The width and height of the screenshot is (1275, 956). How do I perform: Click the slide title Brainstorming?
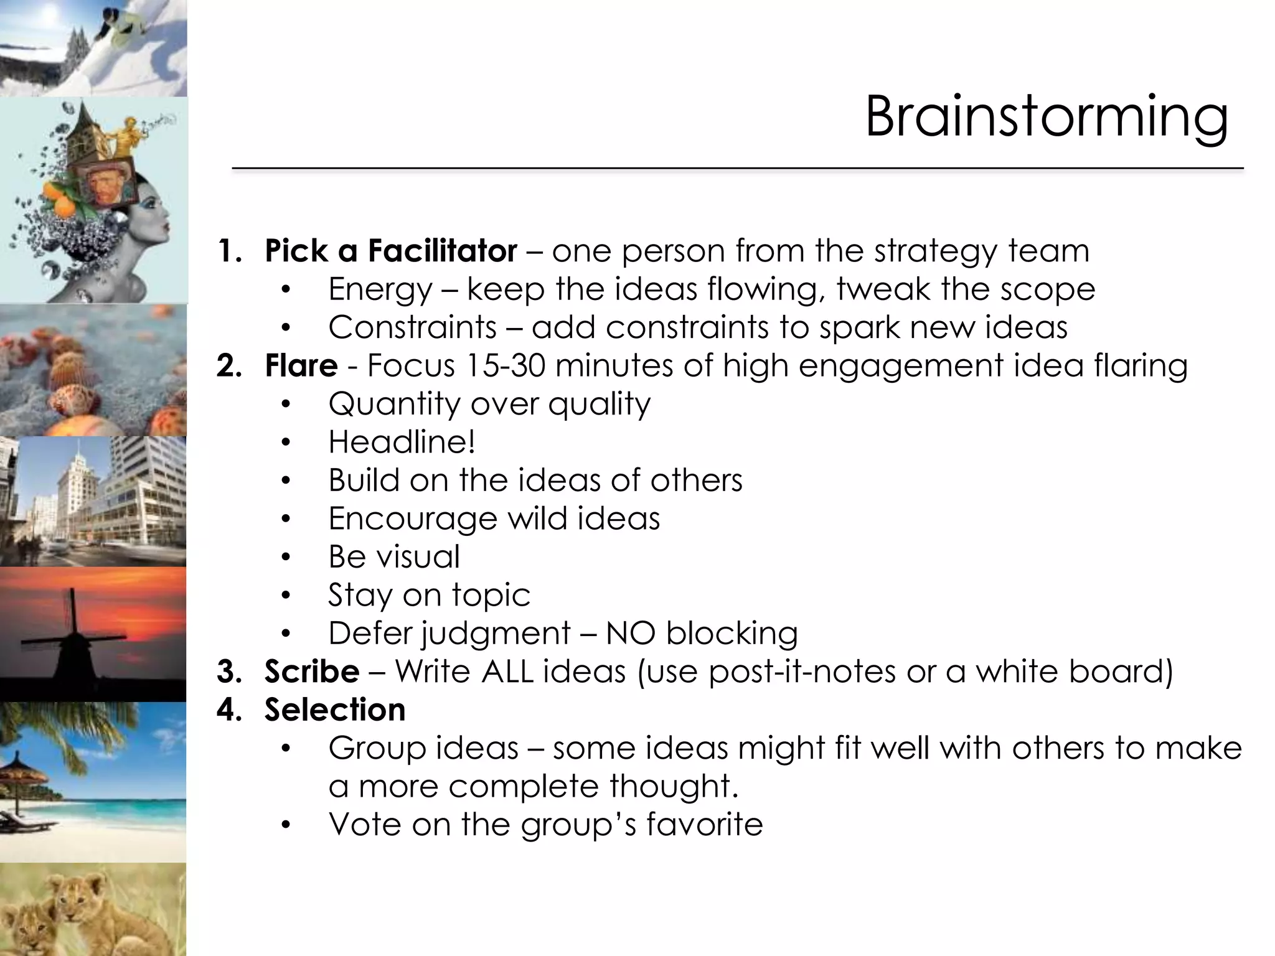click(1046, 117)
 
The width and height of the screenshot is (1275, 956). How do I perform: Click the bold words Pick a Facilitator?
click(390, 251)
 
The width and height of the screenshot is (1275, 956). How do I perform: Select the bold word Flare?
click(301, 365)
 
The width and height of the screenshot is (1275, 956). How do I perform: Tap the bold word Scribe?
click(311, 672)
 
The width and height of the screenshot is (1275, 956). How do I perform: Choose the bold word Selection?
click(334, 710)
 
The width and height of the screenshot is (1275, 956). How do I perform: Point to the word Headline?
click(402, 442)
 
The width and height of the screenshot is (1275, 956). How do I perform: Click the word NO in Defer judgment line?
click(630, 634)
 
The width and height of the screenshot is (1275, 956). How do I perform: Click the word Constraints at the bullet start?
click(412, 327)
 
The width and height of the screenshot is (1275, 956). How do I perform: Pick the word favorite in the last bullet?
click(704, 825)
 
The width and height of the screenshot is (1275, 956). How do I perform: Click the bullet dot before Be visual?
click(285, 557)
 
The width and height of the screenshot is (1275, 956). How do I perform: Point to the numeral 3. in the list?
click(228, 672)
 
